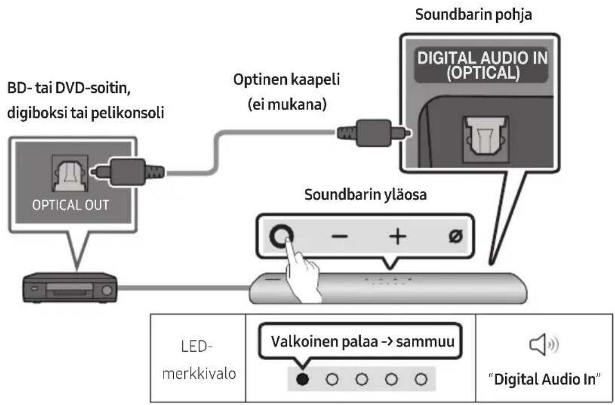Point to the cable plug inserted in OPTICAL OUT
(130, 170)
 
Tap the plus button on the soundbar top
(397, 237)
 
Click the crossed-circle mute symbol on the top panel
(453, 237)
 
